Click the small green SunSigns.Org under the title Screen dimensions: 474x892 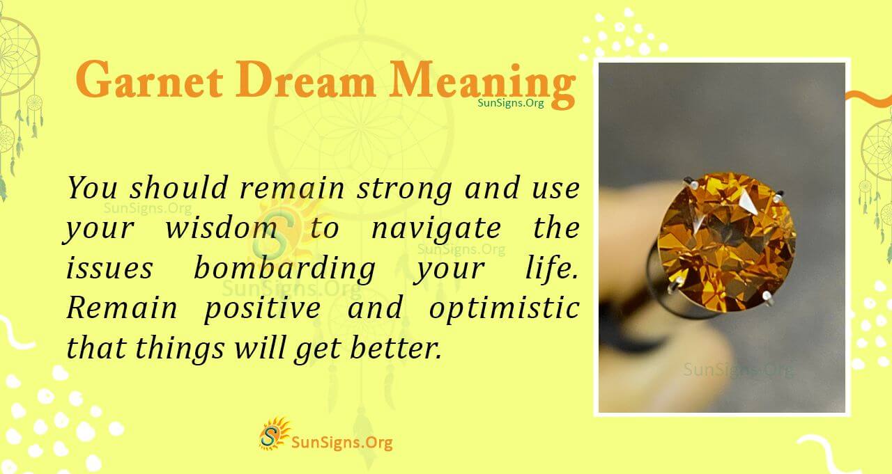pos(511,102)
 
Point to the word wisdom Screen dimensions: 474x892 pos(220,228)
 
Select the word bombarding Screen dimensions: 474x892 pos(285,269)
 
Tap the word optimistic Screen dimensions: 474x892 pos(504,308)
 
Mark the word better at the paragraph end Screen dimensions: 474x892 pos(399,348)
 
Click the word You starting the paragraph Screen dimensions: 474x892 pos(93,188)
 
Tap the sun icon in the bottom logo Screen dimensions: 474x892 pos(274,434)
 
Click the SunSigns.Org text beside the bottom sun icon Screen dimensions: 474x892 pos(342,441)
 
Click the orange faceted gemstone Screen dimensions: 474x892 pos(725,240)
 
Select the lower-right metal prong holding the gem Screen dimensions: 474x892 pos(766,298)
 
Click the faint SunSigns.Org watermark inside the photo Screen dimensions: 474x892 pos(737,370)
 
